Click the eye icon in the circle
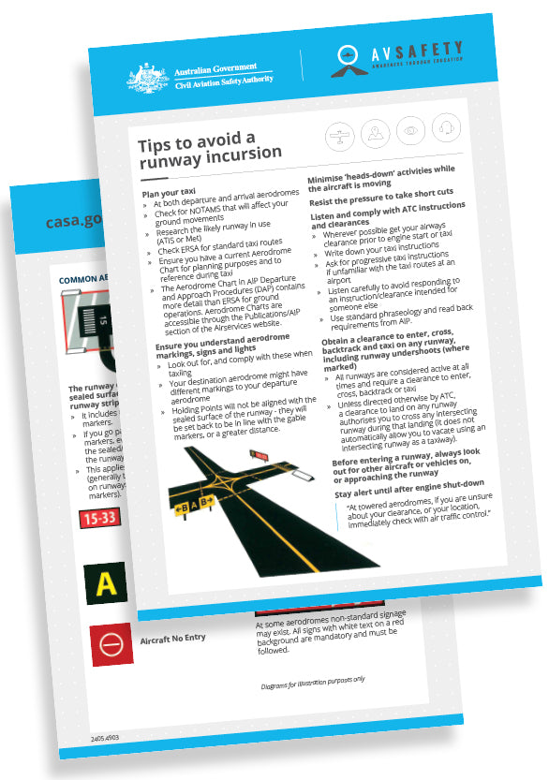[x=408, y=129]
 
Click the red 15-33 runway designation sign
[x=98, y=518]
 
